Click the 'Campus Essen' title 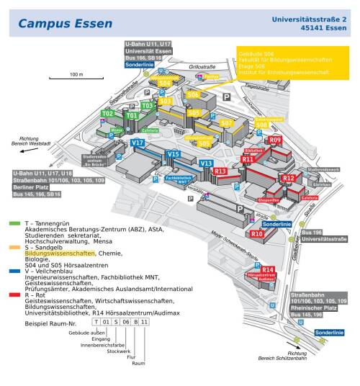click(66, 23)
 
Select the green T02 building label click(108, 114)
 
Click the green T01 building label click(131, 115)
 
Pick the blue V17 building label click(138, 143)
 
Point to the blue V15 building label click(173, 154)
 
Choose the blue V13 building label click(206, 164)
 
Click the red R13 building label click(220, 171)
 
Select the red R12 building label click(288, 177)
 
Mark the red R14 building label click(268, 269)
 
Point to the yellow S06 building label click(193, 95)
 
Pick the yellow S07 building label click(226, 123)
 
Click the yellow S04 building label click(164, 84)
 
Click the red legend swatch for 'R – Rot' click(15, 295)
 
